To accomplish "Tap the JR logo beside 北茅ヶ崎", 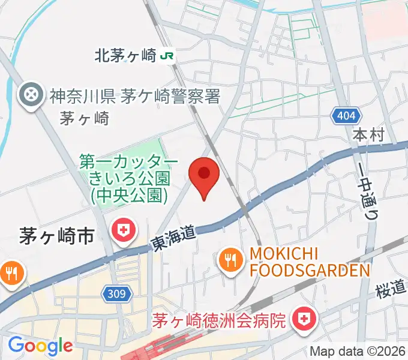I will pyautogui.click(x=167, y=56).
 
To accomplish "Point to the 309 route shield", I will pyautogui.click(x=118, y=294).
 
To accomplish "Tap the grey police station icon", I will pyautogui.click(x=31, y=94).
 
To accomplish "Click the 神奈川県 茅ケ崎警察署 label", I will pyautogui.click(x=134, y=95).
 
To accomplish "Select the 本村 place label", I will pyautogui.click(x=367, y=134).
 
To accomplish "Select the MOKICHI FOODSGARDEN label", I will pyautogui.click(x=309, y=262).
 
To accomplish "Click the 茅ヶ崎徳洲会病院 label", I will pyautogui.click(x=227, y=320).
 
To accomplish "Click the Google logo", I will pyautogui.click(x=40, y=346).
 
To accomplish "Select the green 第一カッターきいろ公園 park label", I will pyautogui.click(x=129, y=178).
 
